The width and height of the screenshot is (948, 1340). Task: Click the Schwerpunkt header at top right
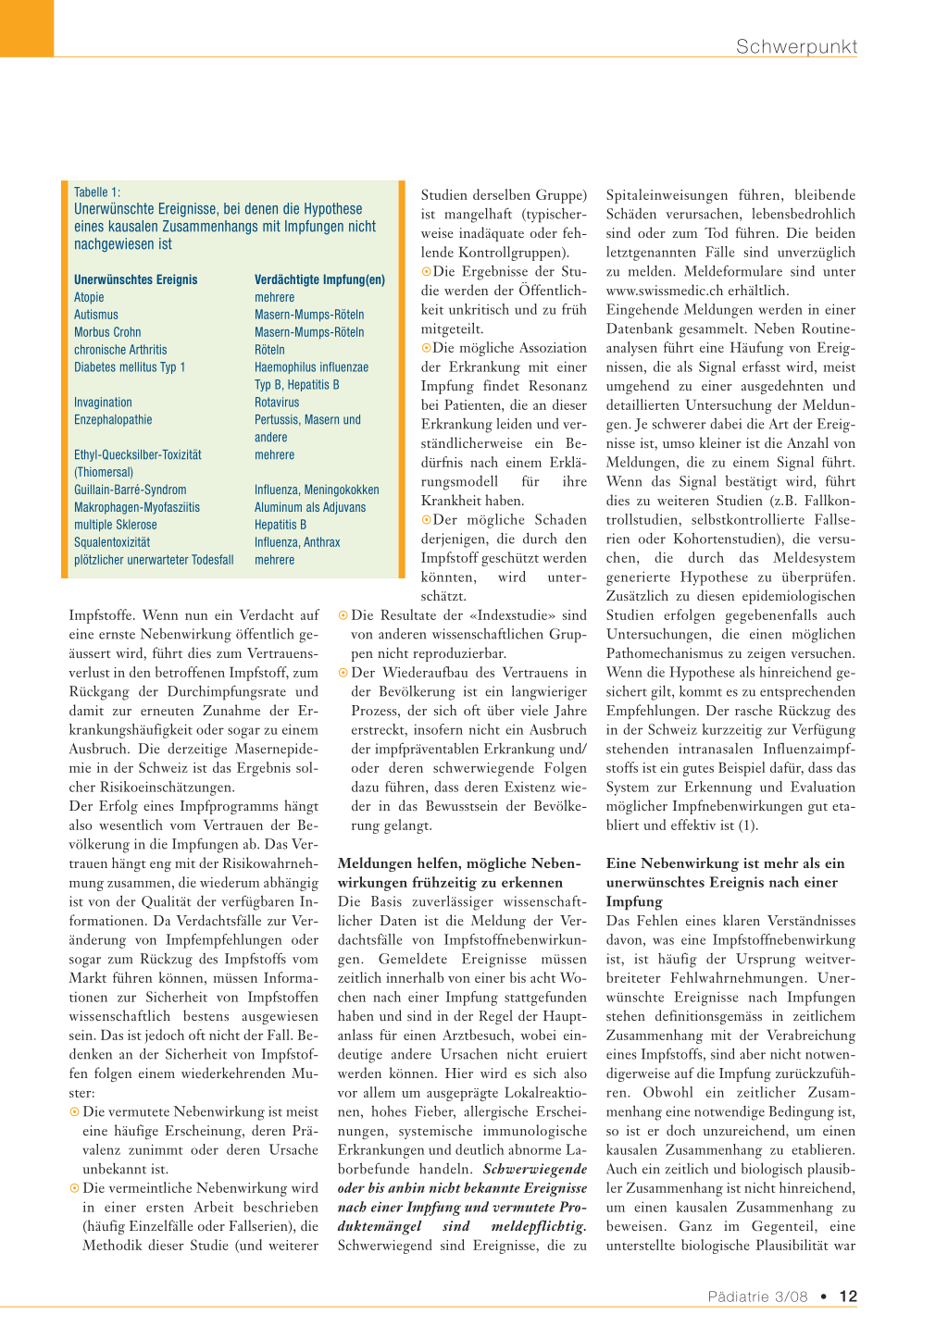tap(796, 46)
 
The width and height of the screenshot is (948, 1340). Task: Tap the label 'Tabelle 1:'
tap(97, 192)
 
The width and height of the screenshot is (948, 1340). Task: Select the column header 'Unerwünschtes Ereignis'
tap(136, 279)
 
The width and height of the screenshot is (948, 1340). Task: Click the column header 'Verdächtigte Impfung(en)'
tap(319, 279)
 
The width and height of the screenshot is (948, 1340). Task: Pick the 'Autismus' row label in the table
tap(96, 315)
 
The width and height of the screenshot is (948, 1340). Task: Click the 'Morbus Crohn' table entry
tap(107, 332)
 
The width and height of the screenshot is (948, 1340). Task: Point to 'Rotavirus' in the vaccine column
tap(277, 403)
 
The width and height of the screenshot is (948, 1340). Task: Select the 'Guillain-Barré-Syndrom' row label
tap(131, 490)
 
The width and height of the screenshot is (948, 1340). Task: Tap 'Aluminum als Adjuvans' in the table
tap(310, 507)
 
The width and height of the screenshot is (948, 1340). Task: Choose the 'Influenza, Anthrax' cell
tap(297, 542)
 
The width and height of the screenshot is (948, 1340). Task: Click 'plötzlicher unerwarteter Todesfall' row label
tap(154, 560)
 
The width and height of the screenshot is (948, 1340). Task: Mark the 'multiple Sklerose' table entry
tap(116, 525)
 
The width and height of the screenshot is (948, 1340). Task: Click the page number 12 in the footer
tap(848, 1297)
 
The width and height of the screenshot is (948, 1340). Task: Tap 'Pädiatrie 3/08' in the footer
tap(757, 1297)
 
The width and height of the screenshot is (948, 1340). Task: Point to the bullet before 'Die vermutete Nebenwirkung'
tap(74, 1111)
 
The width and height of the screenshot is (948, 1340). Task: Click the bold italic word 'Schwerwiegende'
tap(534, 1169)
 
